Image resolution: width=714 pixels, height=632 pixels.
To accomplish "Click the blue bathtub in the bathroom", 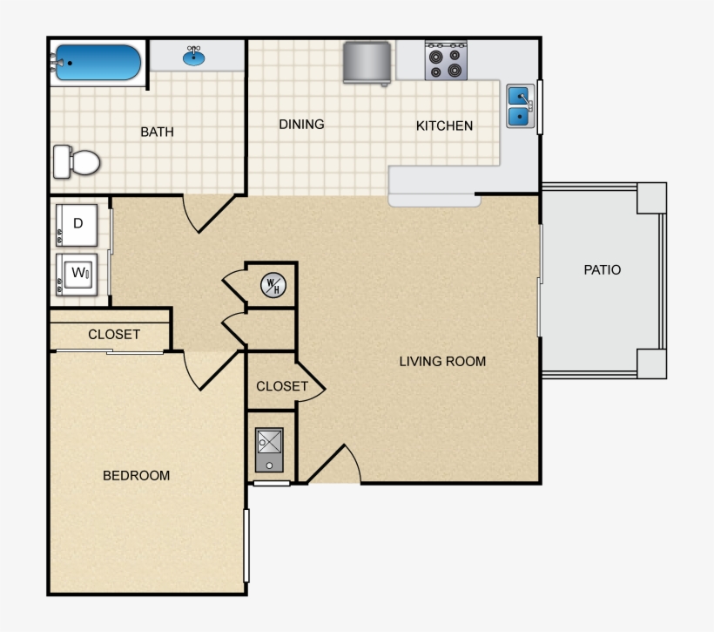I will pos(97,63).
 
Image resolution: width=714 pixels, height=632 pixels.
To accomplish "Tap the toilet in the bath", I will pos(77,161).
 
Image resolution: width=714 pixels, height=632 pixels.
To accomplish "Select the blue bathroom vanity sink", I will pos(195,58).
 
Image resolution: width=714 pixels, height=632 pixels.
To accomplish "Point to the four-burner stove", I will pos(446,61).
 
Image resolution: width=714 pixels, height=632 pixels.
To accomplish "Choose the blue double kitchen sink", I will pos(520,105).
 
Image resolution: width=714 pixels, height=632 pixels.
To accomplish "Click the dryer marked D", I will pos(77,224).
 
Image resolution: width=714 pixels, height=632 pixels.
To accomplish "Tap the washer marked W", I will pos(77,274).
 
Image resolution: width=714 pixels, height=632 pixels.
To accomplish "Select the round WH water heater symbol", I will pos(272,285).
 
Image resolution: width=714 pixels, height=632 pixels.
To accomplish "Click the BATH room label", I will pos(157,133).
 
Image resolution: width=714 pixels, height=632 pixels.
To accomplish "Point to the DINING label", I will pos(301,125).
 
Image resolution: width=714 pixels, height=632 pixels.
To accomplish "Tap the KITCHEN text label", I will pos(444,126).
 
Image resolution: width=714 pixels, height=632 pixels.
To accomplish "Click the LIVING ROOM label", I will pos(442,361).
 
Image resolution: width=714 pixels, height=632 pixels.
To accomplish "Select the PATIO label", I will pos(602,270).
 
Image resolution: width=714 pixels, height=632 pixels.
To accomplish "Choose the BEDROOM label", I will pos(136,476).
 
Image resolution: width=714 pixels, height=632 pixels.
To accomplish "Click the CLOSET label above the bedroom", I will pos(114,335).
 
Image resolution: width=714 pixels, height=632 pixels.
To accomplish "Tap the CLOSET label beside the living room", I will pos(281,386).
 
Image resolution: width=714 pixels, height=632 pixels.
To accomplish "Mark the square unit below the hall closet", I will pos(270,450).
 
